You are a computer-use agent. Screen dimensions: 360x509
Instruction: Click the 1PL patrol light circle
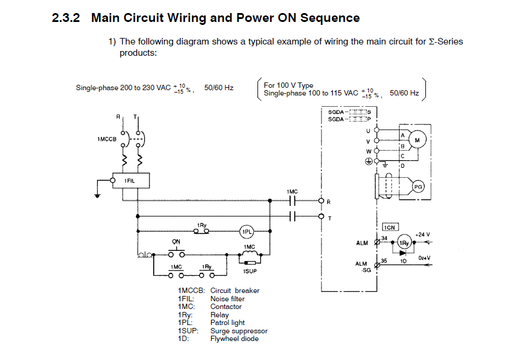click(246, 231)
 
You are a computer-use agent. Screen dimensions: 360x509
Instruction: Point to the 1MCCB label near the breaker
click(106, 139)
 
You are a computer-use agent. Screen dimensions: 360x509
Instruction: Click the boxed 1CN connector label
click(389, 227)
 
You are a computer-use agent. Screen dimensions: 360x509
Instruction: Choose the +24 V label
click(422, 234)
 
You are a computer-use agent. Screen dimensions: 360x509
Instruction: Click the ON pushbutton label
click(176, 242)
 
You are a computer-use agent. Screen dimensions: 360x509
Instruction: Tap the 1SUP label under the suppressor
click(249, 270)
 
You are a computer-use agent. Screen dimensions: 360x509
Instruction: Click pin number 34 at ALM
click(384, 238)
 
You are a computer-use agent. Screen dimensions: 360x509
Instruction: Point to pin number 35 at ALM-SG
click(384, 260)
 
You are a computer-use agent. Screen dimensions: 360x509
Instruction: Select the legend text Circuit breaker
click(235, 291)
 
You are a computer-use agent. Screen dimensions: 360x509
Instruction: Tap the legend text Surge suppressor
click(238, 331)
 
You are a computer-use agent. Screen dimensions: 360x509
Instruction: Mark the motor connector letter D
click(403, 165)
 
